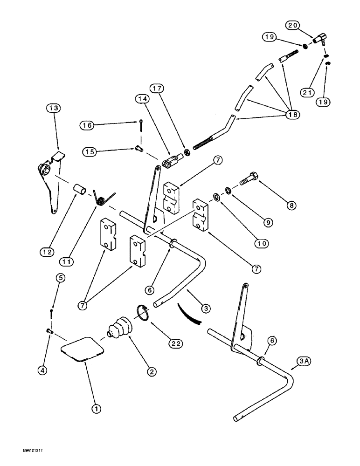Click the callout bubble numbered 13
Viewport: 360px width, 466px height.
click(x=54, y=108)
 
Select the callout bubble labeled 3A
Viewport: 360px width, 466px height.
click(x=303, y=361)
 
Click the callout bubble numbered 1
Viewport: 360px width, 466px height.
click(x=96, y=409)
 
